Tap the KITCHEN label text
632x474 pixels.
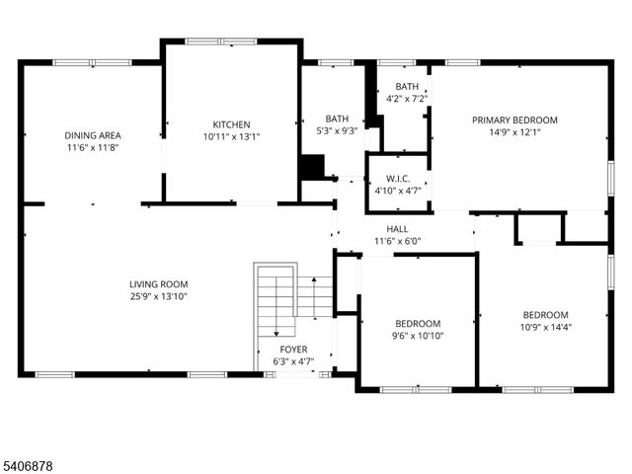click(x=232, y=124)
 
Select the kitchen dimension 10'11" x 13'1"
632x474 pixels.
click(x=232, y=137)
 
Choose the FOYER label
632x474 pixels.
click(x=293, y=350)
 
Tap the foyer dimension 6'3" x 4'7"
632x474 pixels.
click(x=293, y=362)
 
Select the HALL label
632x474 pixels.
click(x=398, y=229)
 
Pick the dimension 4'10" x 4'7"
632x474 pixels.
click(x=398, y=191)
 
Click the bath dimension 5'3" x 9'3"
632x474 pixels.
click(x=337, y=131)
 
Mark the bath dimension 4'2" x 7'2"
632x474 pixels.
click(x=406, y=99)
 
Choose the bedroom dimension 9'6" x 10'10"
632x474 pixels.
click(x=419, y=336)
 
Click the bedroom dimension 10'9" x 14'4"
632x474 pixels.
click(x=545, y=327)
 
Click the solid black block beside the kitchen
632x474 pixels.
click(x=312, y=167)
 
